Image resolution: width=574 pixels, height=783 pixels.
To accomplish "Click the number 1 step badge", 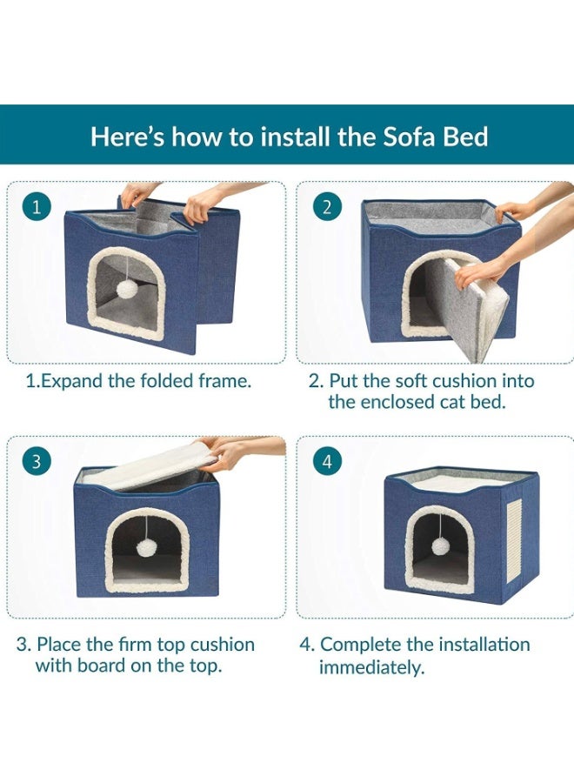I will tap(36, 207).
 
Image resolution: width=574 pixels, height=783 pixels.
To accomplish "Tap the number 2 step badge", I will tap(327, 207).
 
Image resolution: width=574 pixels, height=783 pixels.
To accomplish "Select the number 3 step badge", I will tap(36, 461).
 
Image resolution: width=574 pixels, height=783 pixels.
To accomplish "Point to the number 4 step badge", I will tap(327, 461).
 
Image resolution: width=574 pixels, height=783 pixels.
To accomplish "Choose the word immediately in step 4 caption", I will tap(371, 667).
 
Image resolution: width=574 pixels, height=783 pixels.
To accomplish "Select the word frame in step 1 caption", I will tap(224, 381).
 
